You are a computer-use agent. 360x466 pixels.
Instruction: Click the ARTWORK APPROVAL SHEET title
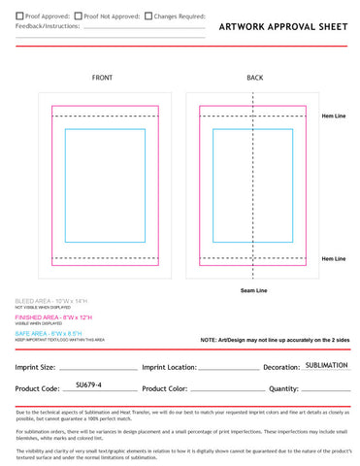pos(281,27)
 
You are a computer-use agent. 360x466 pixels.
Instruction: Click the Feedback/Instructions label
pos(48,29)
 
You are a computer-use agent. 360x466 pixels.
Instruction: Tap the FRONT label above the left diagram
pos(102,78)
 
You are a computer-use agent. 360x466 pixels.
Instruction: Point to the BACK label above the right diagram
pos(254,78)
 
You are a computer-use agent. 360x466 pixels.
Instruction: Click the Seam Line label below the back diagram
pos(254,290)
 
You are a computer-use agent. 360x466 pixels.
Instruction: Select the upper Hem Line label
pos(334,116)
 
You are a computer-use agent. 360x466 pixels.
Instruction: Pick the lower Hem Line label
pos(334,258)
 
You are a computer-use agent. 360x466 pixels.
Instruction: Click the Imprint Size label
pos(35,368)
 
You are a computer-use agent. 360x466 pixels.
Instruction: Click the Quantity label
pos(283,389)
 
